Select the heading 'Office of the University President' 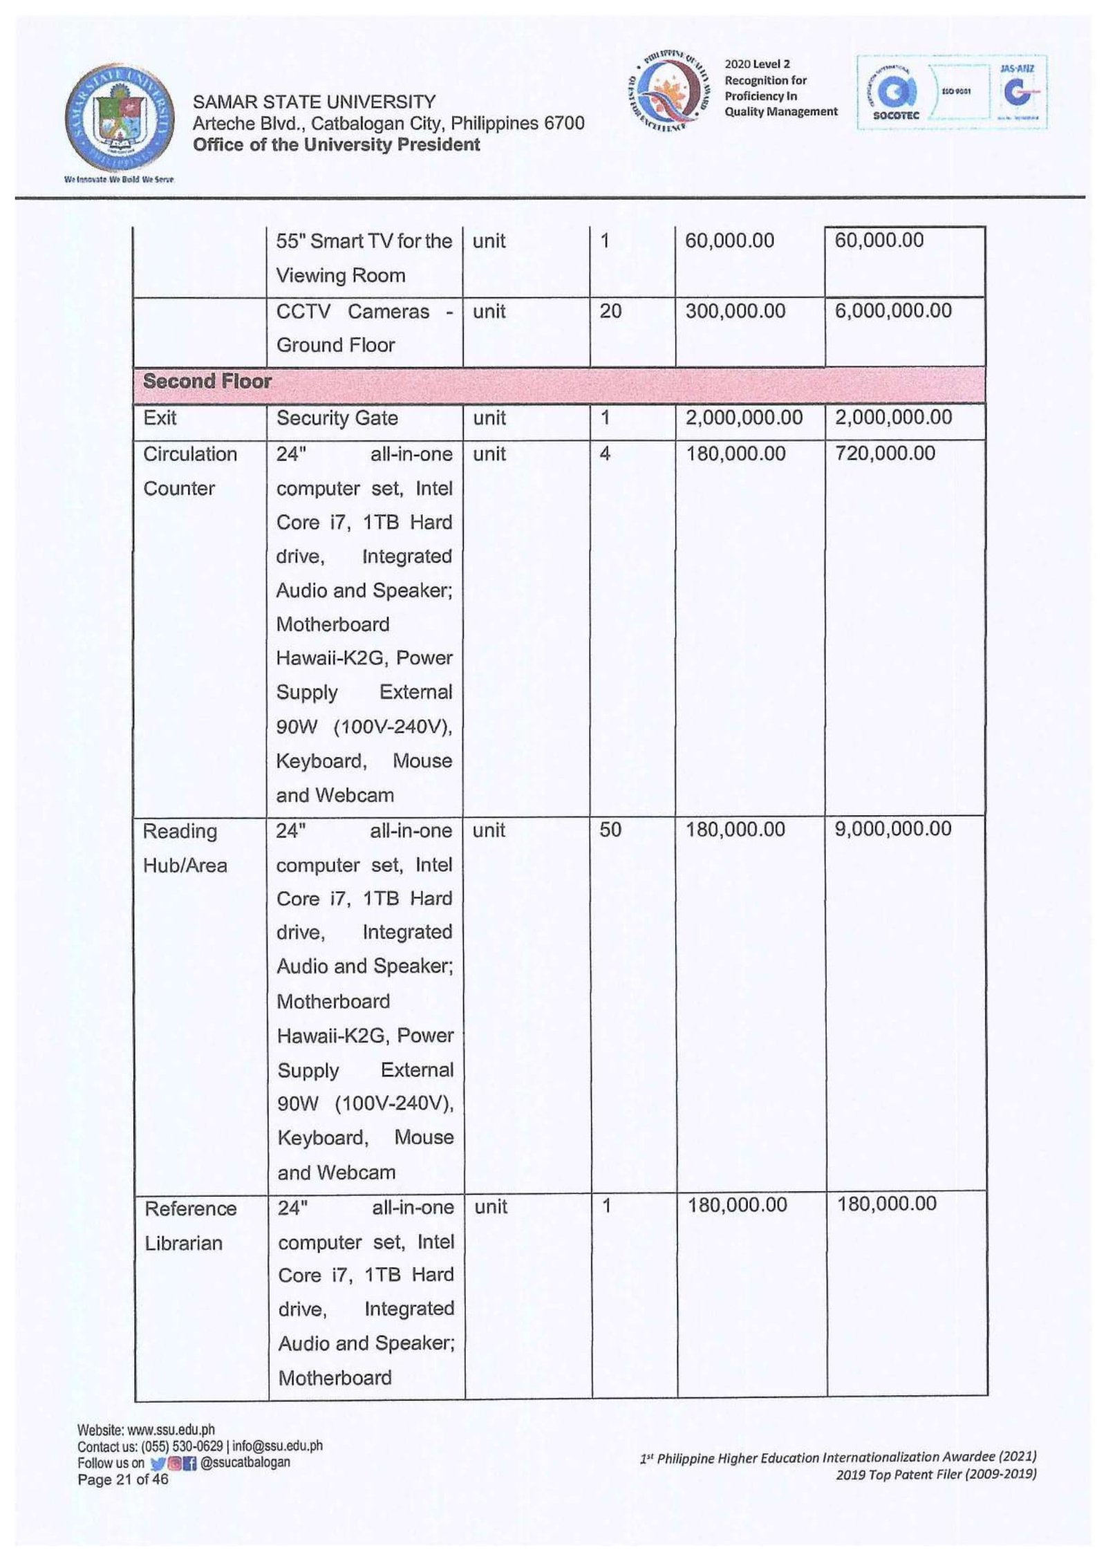pos(336,144)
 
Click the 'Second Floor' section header pos(207,381)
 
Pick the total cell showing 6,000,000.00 pos(893,311)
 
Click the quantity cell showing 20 pos(610,311)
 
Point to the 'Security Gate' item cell pos(337,418)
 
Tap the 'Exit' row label pos(160,418)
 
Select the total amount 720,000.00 pos(885,454)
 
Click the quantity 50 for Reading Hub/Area pos(610,830)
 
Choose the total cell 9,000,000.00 pos(893,829)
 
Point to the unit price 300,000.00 pos(735,311)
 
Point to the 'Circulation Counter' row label pos(189,471)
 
